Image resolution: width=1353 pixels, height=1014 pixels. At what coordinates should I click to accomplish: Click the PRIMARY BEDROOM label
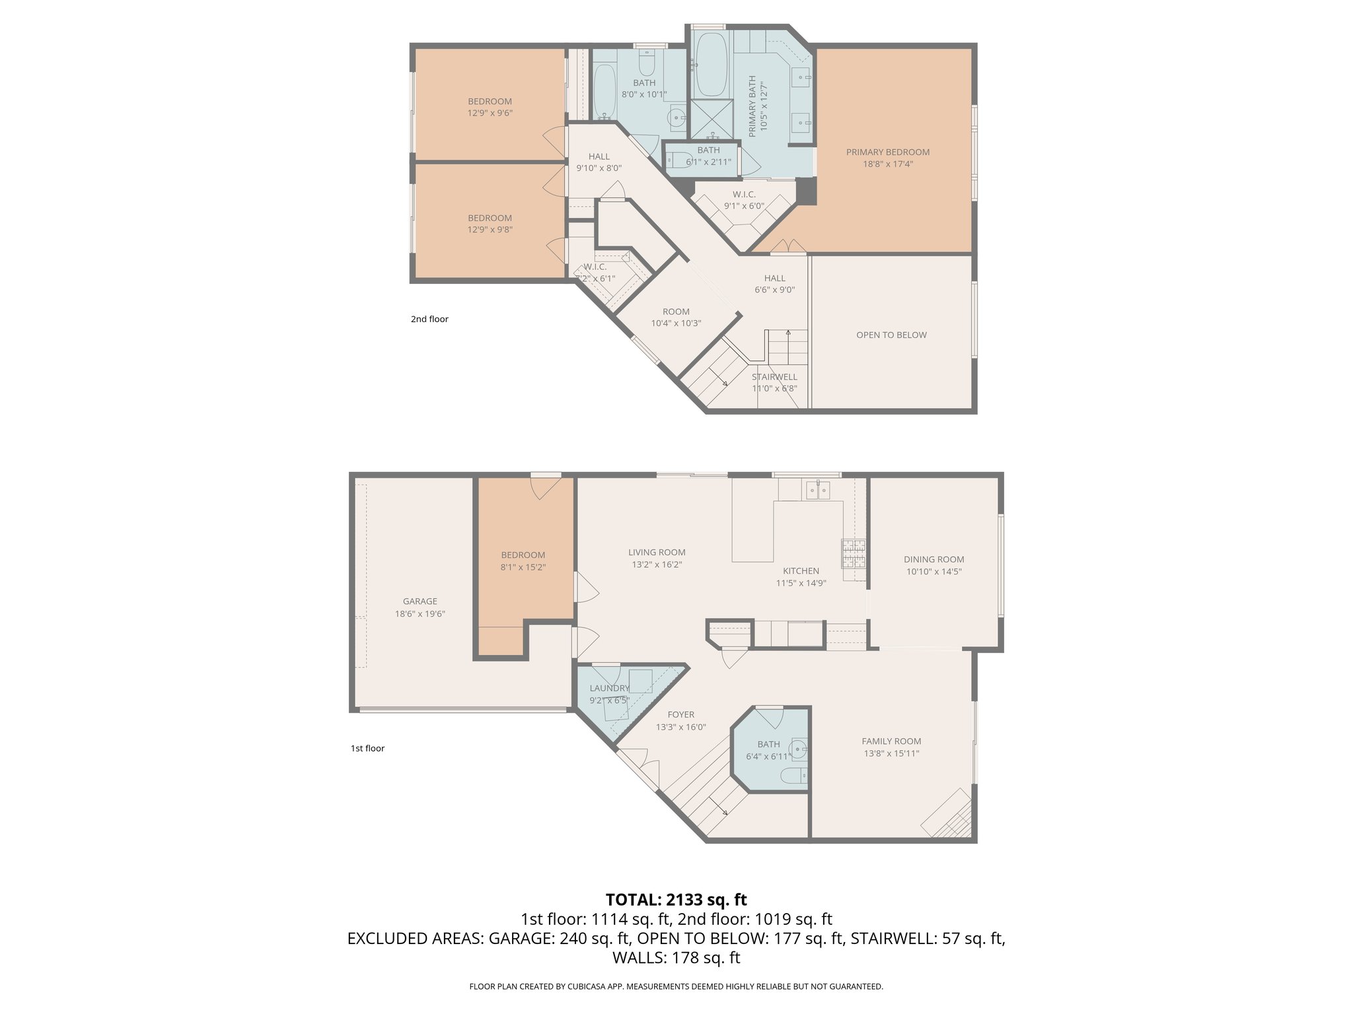click(887, 152)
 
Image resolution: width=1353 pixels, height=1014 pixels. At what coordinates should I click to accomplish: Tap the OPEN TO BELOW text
click(891, 335)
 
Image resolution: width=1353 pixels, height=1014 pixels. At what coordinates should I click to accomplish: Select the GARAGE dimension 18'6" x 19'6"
click(420, 613)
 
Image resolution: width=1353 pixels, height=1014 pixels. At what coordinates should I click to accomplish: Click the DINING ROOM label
click(933, 559)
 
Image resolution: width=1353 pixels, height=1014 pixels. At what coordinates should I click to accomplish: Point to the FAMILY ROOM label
click(891, 741)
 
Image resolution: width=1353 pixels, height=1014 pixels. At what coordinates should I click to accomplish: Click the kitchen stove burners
click(853, 553)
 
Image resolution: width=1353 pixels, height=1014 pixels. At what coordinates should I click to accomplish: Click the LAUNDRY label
click(609, 688)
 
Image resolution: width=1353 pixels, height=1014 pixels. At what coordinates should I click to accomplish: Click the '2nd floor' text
click(429, 319)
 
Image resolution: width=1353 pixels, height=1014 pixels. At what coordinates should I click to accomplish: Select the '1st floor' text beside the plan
click(367, 748)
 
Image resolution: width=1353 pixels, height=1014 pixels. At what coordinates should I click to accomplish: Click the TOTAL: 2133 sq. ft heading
click(676, 900)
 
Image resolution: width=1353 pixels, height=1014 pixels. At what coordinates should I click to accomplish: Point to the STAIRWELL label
click(774, 377)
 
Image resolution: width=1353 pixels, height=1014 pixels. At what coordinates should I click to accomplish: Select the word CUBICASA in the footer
click(585, 986)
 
